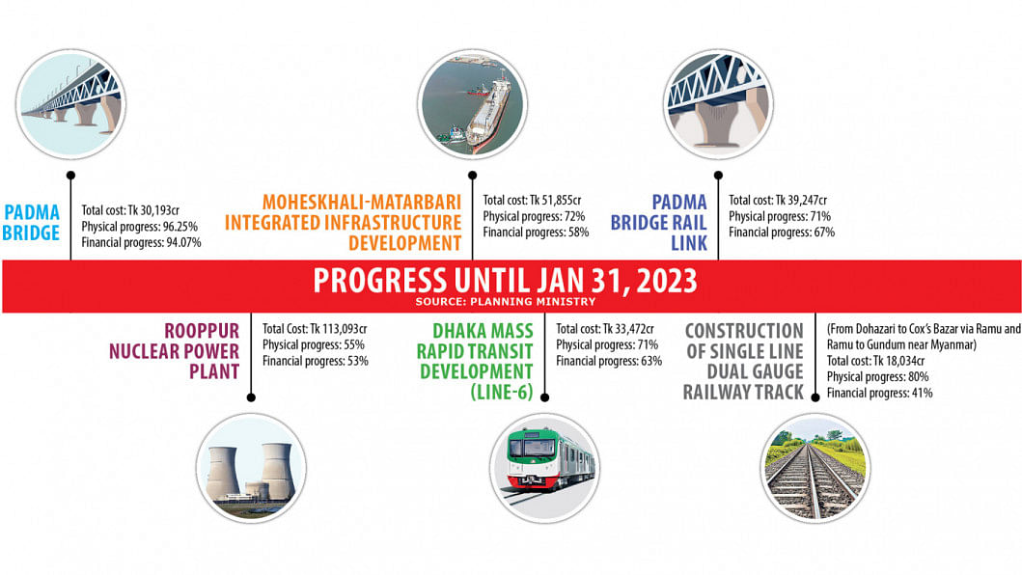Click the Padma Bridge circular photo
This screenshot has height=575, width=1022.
(70, 104)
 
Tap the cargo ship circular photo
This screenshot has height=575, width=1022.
(473, 104)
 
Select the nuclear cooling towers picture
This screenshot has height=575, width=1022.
(251, 468)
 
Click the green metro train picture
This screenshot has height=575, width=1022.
(545, 468)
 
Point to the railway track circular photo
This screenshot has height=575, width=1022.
(815, 468)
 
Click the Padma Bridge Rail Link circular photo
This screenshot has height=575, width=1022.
(718, 104)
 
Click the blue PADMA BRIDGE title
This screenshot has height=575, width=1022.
(31, 222)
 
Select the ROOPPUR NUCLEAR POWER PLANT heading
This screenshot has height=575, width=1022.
(175, 351)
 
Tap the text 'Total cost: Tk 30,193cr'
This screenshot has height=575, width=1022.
(130, 210)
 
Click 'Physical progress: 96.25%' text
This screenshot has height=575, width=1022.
(140, 226)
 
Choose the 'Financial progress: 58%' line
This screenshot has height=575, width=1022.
(536, 233)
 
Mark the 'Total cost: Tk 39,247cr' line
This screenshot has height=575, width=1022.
(778, 200)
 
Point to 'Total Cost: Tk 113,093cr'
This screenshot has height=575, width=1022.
(315, 329)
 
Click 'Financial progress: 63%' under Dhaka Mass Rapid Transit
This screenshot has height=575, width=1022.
(609, 361)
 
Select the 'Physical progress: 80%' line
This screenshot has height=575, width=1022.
(878, 377)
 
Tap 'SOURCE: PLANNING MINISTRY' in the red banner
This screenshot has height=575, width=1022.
(506, 302)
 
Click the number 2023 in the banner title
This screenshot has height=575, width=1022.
(666, 281)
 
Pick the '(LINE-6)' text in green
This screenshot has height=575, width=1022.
(502, 392)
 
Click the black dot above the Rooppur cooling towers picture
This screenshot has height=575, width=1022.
(251, 397)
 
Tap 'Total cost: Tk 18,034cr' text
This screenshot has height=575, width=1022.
(876, 361)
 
